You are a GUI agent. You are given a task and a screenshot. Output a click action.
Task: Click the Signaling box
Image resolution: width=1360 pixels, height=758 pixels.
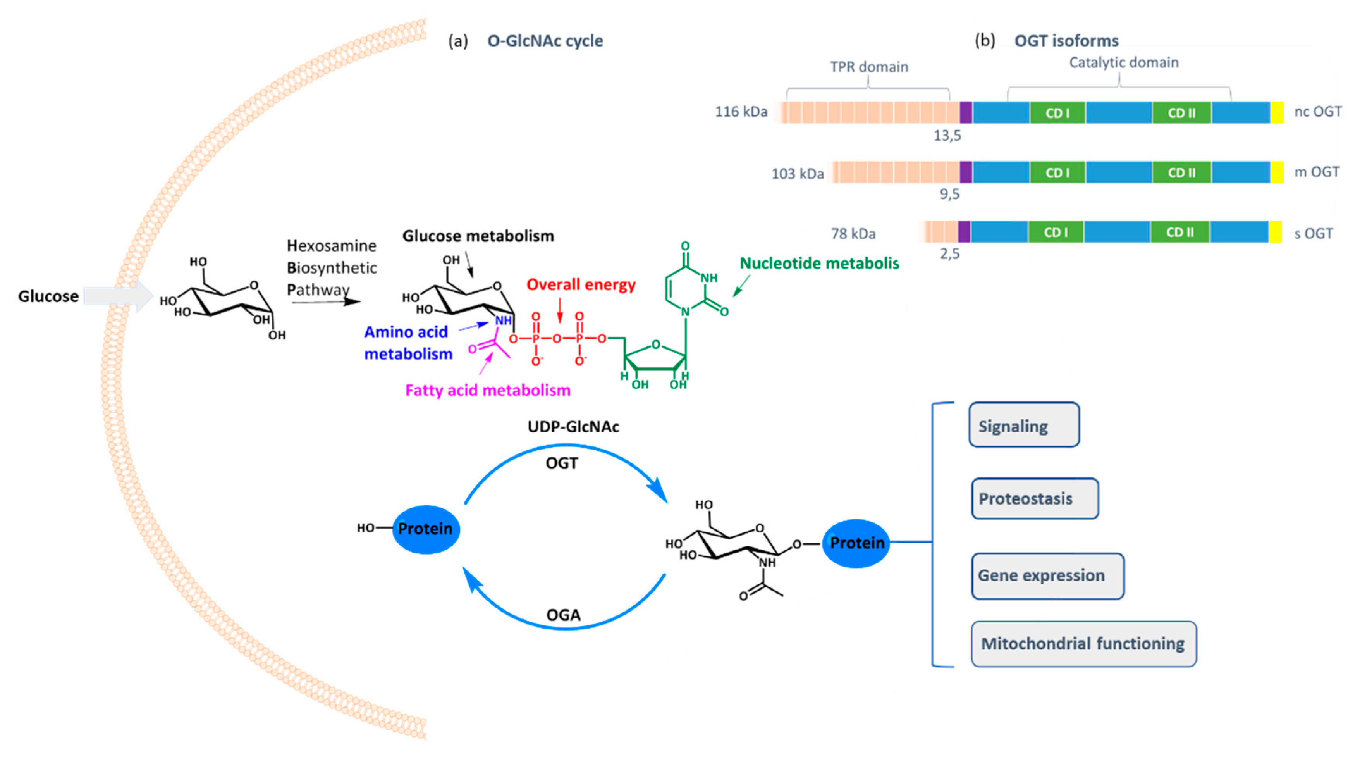click(1024, 425)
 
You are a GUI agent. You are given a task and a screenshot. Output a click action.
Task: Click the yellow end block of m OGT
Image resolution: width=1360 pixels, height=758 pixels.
click(1277, 172)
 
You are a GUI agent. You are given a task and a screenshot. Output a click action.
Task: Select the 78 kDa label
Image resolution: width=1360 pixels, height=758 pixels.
click(853, 233)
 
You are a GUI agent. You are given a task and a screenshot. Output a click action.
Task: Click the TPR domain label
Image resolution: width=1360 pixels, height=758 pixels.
click(869, 67)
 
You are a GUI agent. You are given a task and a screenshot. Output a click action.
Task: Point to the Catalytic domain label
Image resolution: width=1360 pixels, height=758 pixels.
click(1123, 63)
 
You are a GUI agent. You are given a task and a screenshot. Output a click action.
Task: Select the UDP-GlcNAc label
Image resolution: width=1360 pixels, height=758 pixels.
click(573, 426)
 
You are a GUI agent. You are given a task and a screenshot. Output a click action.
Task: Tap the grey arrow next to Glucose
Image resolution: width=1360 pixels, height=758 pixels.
click(118, 296)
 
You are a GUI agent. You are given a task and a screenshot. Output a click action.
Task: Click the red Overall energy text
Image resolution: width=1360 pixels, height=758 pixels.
click(581, 285)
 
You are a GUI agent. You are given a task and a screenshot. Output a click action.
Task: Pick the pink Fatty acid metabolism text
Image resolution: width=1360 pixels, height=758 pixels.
click(488, 390)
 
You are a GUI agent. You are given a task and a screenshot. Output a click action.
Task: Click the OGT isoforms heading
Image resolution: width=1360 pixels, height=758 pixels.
click(1066, 41)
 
